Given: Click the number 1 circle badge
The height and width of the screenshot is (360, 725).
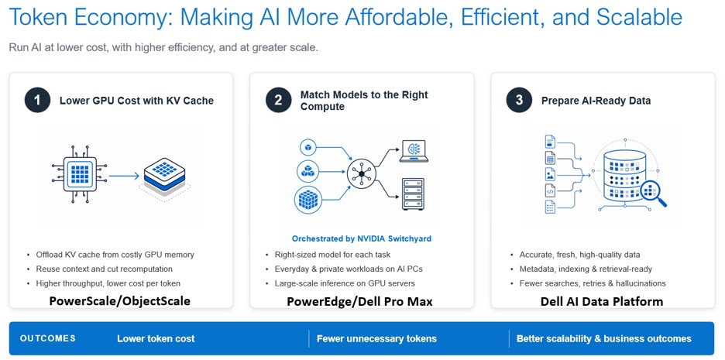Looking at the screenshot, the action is click(x=37, y=101).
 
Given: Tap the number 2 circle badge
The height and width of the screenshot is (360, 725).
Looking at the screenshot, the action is click(x=278, y=101).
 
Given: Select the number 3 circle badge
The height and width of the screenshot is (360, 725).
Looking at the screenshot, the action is click(x=519, y=101).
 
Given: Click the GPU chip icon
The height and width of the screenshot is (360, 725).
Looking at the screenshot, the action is click(x=80, y=175).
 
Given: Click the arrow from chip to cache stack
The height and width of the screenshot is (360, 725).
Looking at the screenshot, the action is click(x=124, y=176).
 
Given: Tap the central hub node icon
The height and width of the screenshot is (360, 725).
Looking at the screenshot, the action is click(x=362, y=173).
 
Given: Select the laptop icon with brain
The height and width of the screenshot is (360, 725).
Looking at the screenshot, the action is click(x=414, y=151).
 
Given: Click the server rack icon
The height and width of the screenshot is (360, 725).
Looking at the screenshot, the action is click(x=413, y=194).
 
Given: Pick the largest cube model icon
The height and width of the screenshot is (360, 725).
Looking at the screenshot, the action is click(x=308, y=199).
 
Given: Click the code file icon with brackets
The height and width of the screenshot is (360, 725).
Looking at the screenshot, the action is click(x=550, y=190).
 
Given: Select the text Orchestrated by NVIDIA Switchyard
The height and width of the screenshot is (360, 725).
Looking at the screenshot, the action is click(x=362, y=239).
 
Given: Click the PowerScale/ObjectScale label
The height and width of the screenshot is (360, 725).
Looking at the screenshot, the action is click(x=120, y=301).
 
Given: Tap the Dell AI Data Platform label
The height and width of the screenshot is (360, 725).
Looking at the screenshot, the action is click(x=602, y=302).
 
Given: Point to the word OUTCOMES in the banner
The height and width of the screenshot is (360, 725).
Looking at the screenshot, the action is click(x=47, y=338).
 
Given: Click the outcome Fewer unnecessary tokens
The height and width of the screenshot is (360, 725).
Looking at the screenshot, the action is click(x=376, y=339).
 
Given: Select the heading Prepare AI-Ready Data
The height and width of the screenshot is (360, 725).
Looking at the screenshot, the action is click(x=596, y=101).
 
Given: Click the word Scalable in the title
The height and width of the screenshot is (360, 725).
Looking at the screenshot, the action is click(x=639, y=17).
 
